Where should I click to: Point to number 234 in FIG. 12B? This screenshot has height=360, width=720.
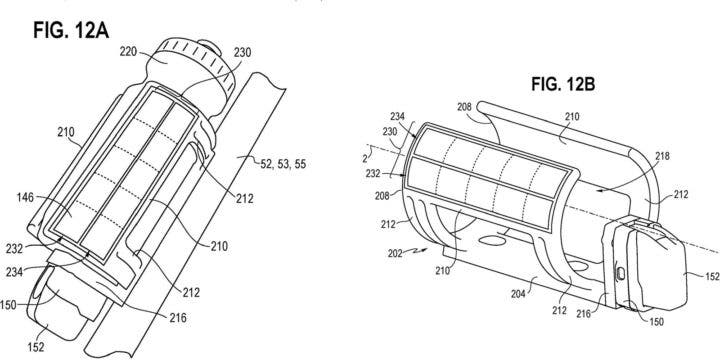(398, 117)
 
